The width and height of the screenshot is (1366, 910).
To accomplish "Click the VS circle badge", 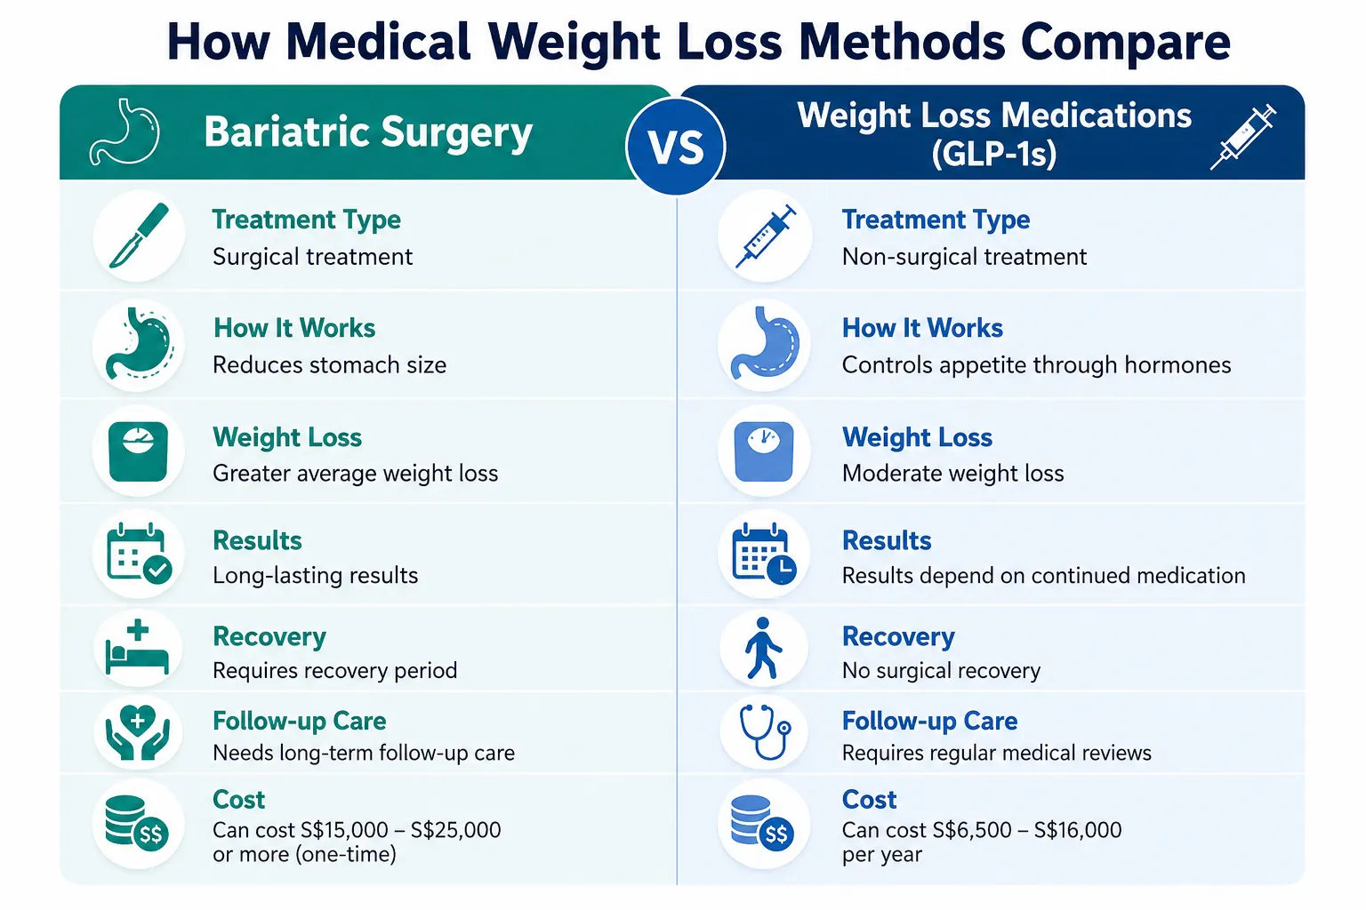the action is click(676, 147).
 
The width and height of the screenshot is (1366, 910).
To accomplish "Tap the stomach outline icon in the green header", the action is click(125, 132).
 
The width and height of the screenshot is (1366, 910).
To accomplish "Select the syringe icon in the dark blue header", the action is click(1242, 137).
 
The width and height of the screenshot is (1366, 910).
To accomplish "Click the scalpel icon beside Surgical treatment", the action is click(139, 235).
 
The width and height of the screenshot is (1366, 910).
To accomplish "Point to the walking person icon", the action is click(762, 649).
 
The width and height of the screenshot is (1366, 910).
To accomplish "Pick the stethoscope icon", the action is click(765, 732).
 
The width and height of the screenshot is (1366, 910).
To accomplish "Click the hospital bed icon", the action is click(137, 647).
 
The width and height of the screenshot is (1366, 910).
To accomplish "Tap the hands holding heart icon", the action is click(138, 732).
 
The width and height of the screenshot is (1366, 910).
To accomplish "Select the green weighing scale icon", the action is click(139, 451).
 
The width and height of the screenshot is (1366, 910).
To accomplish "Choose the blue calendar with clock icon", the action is click(764, 554).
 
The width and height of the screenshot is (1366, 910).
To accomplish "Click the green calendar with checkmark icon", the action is click(139, 554).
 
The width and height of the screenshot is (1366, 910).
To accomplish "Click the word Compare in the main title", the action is click(1125, 42).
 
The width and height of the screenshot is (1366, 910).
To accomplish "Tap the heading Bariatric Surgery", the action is click(368, 132).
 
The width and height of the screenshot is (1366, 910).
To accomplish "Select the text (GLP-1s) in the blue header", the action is click(994, 153).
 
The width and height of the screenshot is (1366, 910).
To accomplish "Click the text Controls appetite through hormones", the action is click(1036, 365).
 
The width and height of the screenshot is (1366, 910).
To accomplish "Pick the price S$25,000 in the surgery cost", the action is click(455, 829).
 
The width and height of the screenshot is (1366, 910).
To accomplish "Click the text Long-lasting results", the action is click(316, 575).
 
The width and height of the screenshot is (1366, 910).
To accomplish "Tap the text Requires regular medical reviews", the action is click(996, 753).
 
